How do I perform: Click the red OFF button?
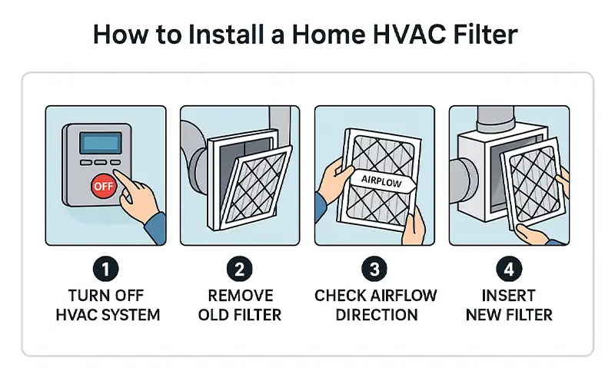104,186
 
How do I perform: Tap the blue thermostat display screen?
101,143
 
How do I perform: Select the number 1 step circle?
105,270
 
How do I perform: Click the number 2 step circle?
240,270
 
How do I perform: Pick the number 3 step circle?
374,270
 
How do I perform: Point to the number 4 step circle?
509,270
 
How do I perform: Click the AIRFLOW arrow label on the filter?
382,181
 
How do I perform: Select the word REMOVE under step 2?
241,296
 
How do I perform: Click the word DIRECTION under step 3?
377,315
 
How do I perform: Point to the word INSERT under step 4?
509,296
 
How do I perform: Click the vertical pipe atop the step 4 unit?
495,118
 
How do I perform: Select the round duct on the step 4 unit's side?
463,181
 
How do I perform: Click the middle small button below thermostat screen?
101,162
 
